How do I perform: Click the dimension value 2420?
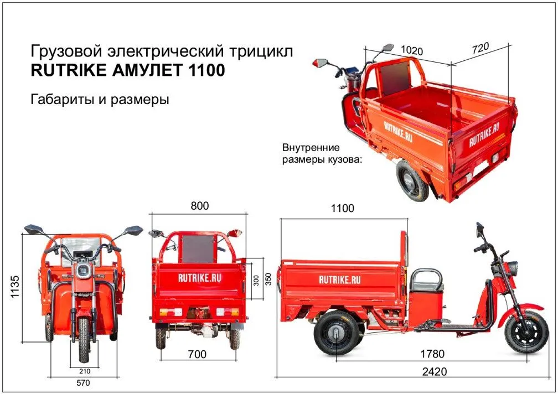coord(435,371)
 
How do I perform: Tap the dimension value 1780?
coord(431,354)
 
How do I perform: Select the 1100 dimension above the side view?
coord(343,209)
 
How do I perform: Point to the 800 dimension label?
coord(200,206)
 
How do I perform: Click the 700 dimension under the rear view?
coord(198,354)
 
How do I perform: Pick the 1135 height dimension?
coord(15,287)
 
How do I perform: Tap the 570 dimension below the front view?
coord(84,382)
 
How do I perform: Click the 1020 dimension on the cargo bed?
coord(412,51)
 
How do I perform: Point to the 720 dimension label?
coord(480,48)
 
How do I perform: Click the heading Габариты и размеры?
coord(100,100)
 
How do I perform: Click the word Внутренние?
coord(311,148)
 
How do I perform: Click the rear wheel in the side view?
coord(335,333)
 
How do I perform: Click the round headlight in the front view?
coord(84,271)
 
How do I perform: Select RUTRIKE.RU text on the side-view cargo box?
coord(339,279)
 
